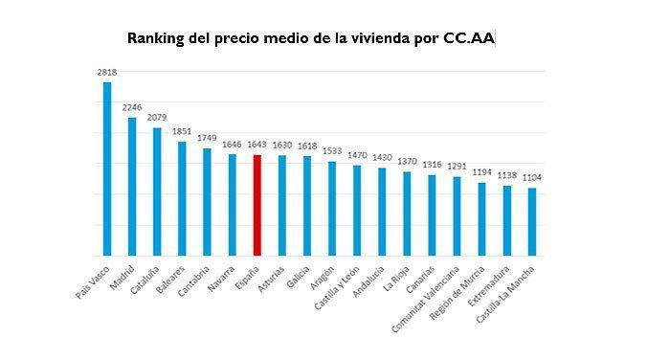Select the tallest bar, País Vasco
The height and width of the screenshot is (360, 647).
click(x=107, y=169)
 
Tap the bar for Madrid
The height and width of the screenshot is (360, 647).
click(x=132, y=187)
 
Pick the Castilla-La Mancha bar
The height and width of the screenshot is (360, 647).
click(x=531, y=221)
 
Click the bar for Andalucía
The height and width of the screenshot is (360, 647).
click(x=382, y=212)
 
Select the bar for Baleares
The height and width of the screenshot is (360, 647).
click(x=182, y=198)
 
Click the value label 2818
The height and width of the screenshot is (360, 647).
click(x=106, y=72)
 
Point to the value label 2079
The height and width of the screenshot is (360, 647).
click(x=157, y=118)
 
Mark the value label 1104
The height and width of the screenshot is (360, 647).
click(x=531, y=178)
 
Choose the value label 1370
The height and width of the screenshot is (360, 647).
click(x=407, y=162)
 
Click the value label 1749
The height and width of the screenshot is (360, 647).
click(x=207, y=138)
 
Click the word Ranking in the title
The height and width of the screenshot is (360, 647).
click(x=156, y=39)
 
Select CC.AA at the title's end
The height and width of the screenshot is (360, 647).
click(x=469, y=39)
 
